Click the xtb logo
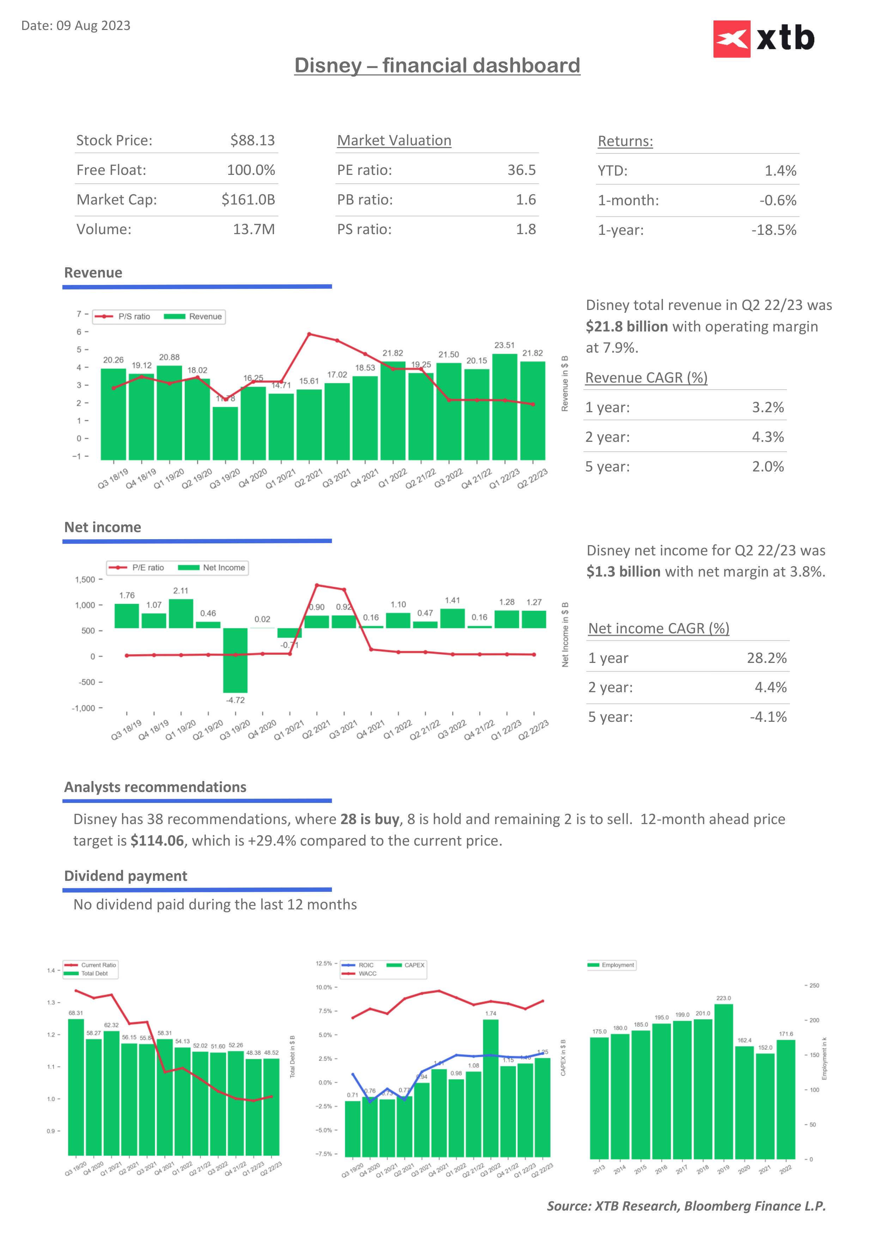point(764,39)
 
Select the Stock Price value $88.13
point(252,141)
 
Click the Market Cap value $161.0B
point(248,200)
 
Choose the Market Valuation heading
point(394,141)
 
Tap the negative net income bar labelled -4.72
point(236,660)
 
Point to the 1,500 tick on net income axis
point(85,580)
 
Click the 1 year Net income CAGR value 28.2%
point(766,658)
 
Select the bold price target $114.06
point(157,841)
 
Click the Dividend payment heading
point(126,876)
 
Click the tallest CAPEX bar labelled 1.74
point(490,1088)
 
